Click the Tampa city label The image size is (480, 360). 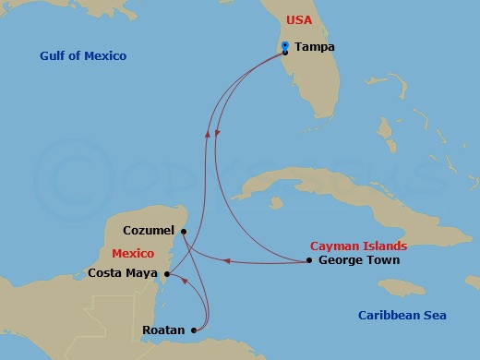click(314, 47)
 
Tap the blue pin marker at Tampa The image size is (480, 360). click(285, 46)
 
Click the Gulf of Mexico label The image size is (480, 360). click(83, 56)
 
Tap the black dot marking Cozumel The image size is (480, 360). click(184, 231)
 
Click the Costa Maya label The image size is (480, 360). click(124, 273)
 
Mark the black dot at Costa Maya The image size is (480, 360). click(166, 273)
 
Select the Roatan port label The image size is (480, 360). click(162, 330)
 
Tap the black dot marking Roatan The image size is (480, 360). click(193, 330)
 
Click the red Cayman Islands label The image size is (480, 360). click(358, 246)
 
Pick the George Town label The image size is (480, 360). click(358, 260)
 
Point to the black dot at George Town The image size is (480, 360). click(309, 260)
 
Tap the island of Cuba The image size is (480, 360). click(305, 189)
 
